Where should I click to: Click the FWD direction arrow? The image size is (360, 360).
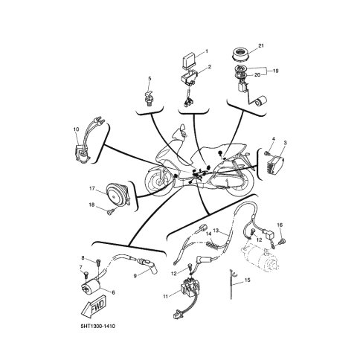[93, 306]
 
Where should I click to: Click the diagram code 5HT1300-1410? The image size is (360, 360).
[98, 326]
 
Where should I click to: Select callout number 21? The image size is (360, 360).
[261, 45]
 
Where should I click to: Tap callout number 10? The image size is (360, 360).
[76, 129]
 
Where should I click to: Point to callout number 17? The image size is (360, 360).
[92, 189]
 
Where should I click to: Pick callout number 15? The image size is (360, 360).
[247, 280]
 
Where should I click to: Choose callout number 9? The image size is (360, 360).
[135, 276]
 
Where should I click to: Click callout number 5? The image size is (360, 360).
[150, 78]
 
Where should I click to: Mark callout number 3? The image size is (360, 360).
[285, 143]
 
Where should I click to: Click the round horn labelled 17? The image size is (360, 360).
[118, 196]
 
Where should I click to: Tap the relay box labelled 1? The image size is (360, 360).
[189, 61]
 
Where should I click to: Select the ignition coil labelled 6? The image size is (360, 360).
[91, 286]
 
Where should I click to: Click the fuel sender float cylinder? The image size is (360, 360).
[262, 101]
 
